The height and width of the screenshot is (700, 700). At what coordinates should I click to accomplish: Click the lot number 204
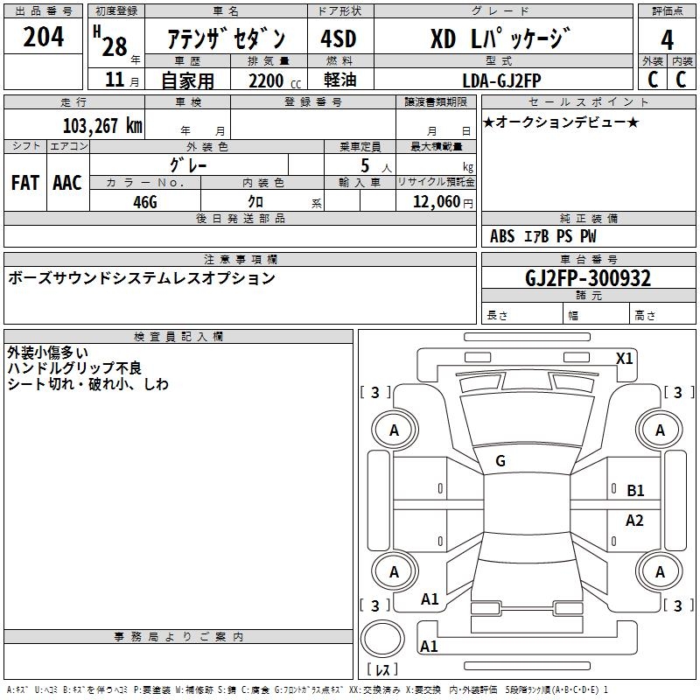point(43,38)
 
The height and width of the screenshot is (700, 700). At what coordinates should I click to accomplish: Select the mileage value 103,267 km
point(102,125)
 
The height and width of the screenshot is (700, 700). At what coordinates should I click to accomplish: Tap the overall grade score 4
point(667,39)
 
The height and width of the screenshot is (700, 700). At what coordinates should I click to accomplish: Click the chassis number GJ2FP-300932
point(588,278)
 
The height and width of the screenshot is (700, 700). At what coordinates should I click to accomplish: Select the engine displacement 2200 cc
point(267,80)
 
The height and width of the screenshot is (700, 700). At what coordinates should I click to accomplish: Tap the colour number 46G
point(145,201)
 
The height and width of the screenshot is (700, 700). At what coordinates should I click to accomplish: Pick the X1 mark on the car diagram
point(625,358)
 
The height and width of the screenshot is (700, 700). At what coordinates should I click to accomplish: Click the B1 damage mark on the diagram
point(635,491)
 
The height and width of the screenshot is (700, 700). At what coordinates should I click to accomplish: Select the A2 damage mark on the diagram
point(634,521)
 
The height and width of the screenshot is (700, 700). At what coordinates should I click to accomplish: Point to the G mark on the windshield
point(500,461)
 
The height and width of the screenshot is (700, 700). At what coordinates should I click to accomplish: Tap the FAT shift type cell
point(25,182)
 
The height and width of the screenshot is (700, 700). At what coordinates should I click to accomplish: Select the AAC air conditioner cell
point(67,182)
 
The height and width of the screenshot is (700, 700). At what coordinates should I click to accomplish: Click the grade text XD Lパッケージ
point(500,39)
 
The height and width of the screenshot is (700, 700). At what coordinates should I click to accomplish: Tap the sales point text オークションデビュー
point(561,122)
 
